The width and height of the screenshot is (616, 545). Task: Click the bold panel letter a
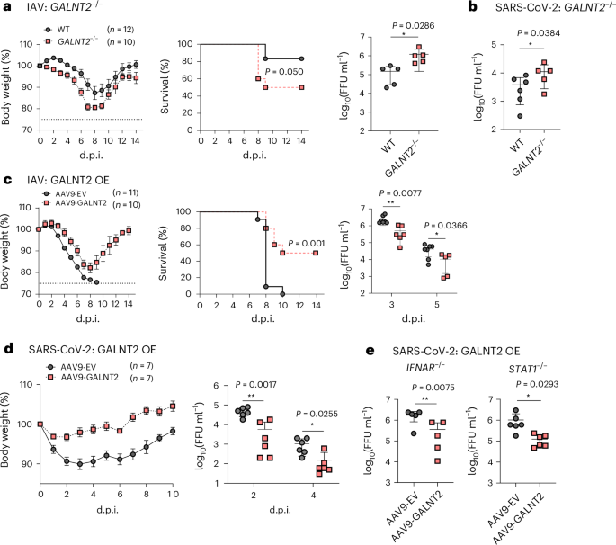[x=5, y=7]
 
